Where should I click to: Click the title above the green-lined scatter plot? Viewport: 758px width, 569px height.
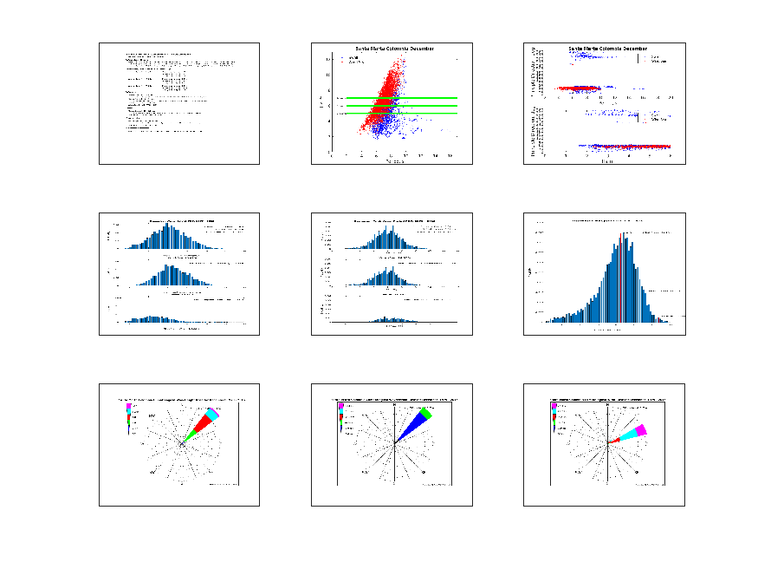[x=391, y=48]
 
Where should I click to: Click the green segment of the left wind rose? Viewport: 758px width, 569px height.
[x=191, y=434]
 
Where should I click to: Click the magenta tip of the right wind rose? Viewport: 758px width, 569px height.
[x=642, y=430]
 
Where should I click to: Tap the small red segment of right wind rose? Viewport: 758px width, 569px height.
[x=618, y=439]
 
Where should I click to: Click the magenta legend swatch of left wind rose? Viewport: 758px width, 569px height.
[x=129, y=406]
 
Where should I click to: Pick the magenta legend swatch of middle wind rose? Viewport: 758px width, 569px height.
[x=340, y=406]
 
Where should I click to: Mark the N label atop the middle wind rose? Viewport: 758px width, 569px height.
[x=394, y=404]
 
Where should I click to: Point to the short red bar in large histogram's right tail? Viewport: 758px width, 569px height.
[x=658, y=320]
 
